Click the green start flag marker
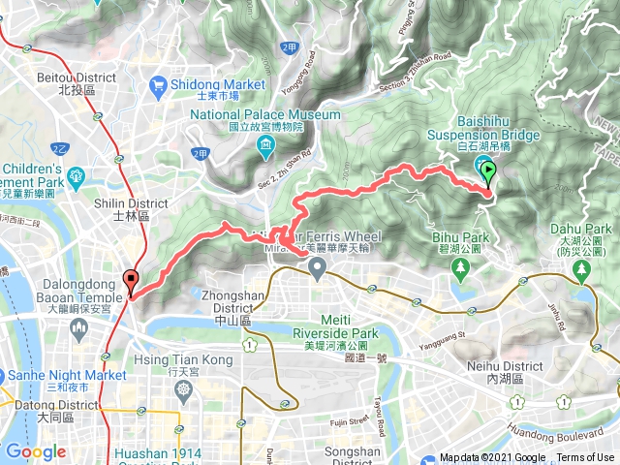tap(489, 174)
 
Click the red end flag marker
tap(132, 282)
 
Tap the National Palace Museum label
tap(265, 114)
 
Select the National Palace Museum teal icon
tap(265, 146)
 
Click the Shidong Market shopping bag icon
tap(160, 85)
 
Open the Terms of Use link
tap(584, 458)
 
